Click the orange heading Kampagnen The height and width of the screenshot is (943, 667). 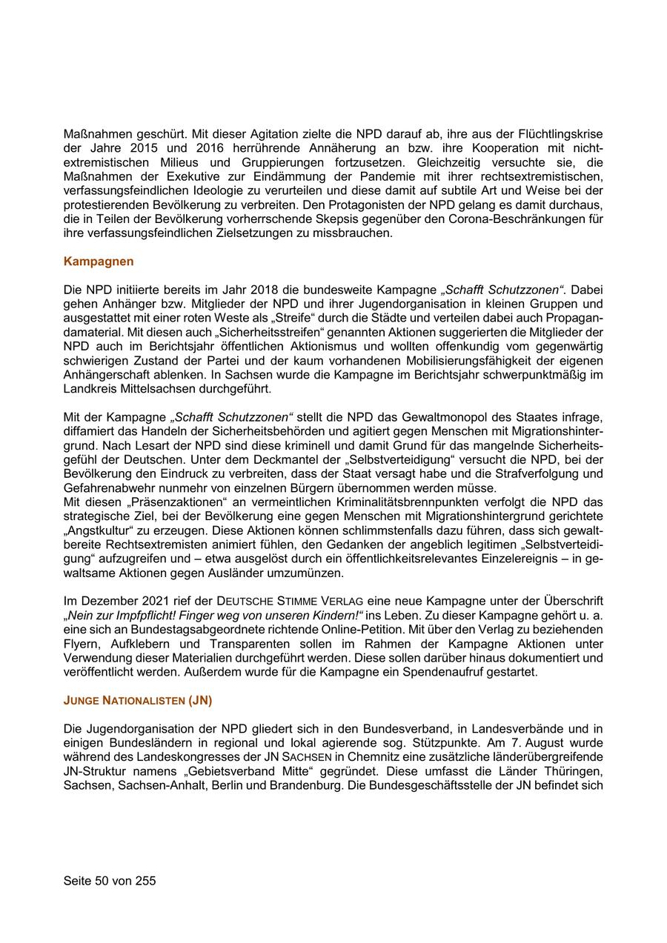point(99,261)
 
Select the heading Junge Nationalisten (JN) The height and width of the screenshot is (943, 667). point(138,699)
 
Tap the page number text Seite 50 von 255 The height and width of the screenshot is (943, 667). point(110,881)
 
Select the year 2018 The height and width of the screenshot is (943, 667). point(265,290)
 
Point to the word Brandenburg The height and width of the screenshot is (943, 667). point(301,784)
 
